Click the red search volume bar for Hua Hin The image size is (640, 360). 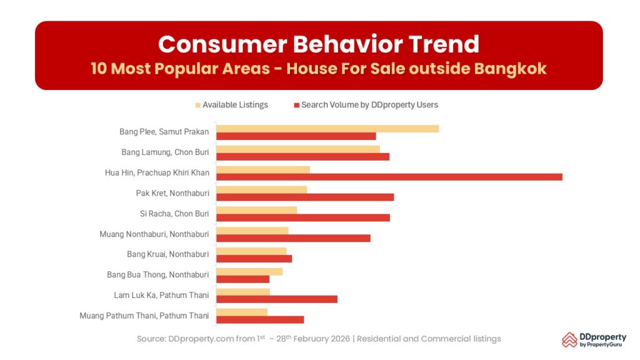(x=389, y=177)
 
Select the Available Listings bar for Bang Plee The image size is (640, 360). (x=327, y=128)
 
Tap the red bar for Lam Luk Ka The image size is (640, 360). (x=276, y=299)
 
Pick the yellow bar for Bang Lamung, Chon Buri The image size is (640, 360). (x=297, y=149)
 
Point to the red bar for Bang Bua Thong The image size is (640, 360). (x=242, y=279)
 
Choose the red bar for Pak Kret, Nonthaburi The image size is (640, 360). (x=305, y=197)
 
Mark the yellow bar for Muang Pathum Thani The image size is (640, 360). (x=241, y=312)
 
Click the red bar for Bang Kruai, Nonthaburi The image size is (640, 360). (x=254, y=259)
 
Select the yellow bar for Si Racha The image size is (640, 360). (x=256, y=210)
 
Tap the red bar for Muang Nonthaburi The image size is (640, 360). (x=293, y=238)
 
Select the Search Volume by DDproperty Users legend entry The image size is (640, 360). (x=369, y=105)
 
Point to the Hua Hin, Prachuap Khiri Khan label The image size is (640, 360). (x=157, y=172)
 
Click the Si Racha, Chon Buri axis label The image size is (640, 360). (x=174, y=214)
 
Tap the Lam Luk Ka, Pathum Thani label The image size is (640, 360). (x=161, y=295)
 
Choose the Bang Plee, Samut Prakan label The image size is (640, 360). (x=164, y=132)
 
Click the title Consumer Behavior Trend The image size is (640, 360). (x=319, y=44)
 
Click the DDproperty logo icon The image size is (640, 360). (x=569, y=339)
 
